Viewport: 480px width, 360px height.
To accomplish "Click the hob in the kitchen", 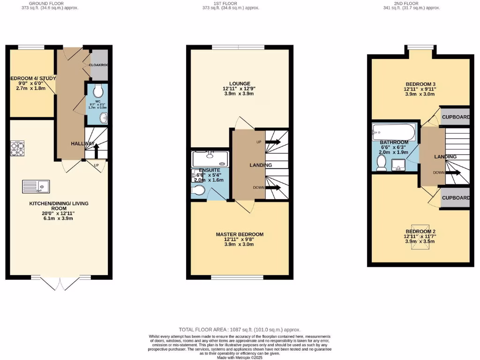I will pyautogui.click(x=17, y=149).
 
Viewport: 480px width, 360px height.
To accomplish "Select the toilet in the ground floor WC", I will pyautogui.click(x=97, y=90).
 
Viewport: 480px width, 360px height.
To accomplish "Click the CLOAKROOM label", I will pyautogui.click(x=98, y=65).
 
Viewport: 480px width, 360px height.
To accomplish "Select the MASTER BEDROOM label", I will pyautogui.click(x=240, y=234).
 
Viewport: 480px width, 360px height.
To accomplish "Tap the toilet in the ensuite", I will pyautogui.click(x=199, y=190).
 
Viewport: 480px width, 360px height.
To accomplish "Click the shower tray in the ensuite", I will pyautogui.click(x=210, y=158).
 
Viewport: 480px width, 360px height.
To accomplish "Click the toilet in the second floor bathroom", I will pyautogui.click(x=382, y=163).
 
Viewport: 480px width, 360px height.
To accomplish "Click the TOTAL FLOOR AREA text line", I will pyautogui.click(x=240, y=330).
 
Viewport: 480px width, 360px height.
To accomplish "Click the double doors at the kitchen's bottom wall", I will pyautogui.click(x=60, y=283).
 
